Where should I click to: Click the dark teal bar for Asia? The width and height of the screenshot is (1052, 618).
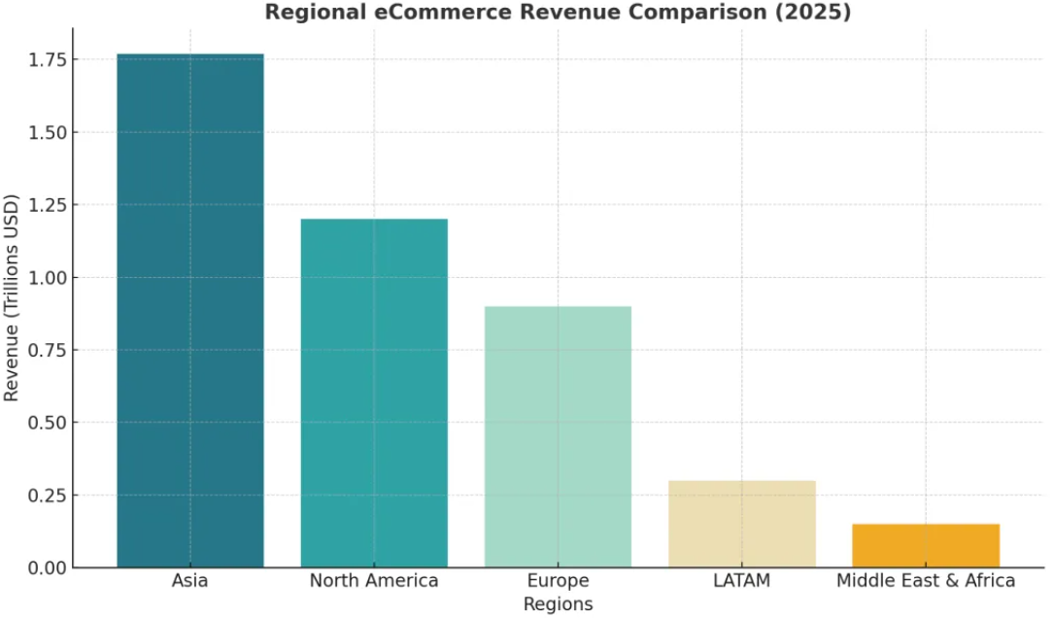tap(189, 311)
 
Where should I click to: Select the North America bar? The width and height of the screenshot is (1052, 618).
tap(374, 393)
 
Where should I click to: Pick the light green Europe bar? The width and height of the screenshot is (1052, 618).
tap(558, 436)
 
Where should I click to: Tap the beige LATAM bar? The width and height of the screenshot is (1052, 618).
tap(742, 524)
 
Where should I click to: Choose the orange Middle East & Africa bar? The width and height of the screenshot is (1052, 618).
tap(926, 545)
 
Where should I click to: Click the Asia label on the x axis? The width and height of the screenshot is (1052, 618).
tap(189, 581)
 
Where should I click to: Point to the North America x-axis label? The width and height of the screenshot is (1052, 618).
tap(374, 581)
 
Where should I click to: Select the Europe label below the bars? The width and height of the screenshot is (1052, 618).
tap(558, 581)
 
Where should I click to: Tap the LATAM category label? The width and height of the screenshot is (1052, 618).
tap(742, 581)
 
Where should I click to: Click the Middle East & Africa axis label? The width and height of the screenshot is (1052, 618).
tap(926, 581)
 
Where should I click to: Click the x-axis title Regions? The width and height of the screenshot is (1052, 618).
tap(558, 603)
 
